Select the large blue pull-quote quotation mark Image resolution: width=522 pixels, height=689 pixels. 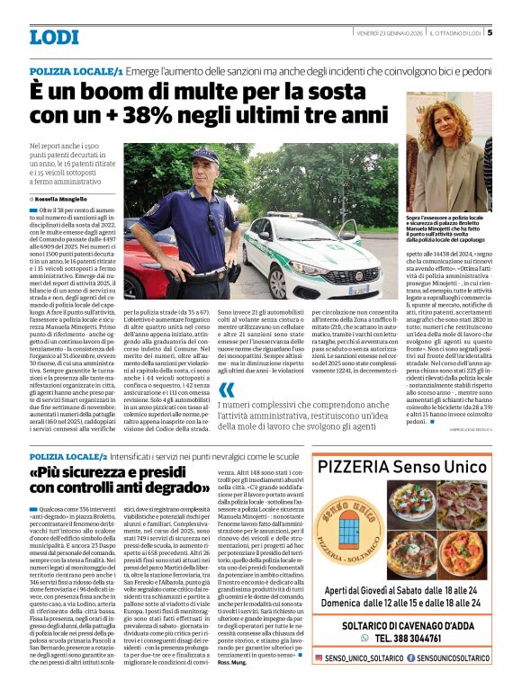click(x=227, y=389)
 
